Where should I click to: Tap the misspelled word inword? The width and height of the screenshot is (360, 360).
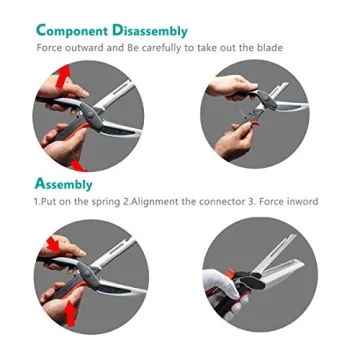(300, 202)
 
